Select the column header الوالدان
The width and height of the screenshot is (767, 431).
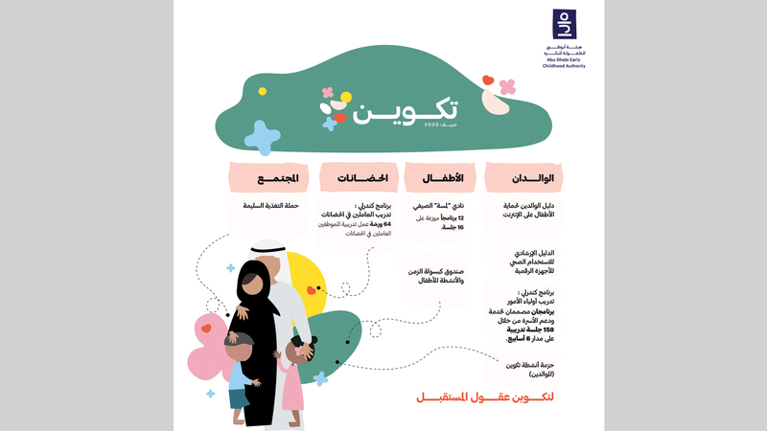tap(526, 177)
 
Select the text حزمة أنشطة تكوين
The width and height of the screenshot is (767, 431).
tap(529, 368)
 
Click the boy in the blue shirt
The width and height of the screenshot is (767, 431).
tap(241, 369)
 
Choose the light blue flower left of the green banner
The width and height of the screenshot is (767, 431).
tap(261, 137)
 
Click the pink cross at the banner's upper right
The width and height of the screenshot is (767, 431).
tap(507, 86)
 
